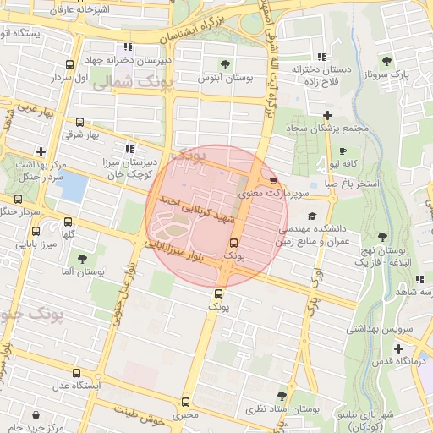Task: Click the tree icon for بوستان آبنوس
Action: [225, 63]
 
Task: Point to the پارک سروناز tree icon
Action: [386, 60]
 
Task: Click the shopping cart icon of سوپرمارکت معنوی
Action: [273, 180]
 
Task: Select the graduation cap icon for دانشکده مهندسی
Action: [312, 216]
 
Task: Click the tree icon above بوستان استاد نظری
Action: [282, 395]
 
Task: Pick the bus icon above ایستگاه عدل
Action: [77, 373]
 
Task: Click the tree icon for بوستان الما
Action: [81, 260]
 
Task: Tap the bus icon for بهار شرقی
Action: [80, 123]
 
